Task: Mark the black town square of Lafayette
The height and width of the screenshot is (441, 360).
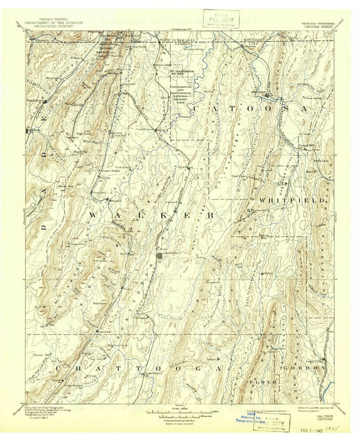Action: pyautogui.click(x=159, y=255)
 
